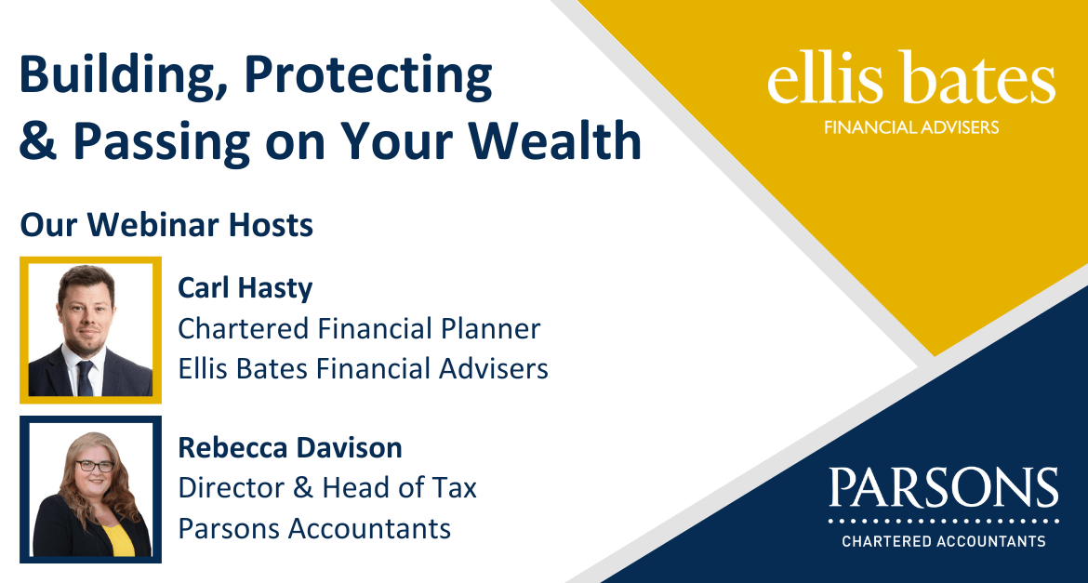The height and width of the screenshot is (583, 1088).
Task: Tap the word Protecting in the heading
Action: coord(368,75)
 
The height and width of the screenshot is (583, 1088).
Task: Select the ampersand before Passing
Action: coord(38,140)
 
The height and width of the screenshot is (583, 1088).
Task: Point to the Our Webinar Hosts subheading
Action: coord(166,225)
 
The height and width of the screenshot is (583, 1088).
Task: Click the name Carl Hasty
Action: coord(245,288)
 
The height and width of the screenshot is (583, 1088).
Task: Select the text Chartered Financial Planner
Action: coord(359,328)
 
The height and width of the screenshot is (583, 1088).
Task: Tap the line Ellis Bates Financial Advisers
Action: coord(363,368)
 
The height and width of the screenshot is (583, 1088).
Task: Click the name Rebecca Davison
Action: coord(290,447)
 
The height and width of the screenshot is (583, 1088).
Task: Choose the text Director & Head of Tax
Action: coord(327,488)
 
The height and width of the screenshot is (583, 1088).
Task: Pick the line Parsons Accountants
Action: coord(314,528)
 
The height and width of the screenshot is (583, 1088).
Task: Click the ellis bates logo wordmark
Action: coord(911,78)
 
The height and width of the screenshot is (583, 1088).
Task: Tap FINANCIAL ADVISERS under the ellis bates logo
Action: coord(911,127)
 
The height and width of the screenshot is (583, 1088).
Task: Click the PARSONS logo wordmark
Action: coord(944,487)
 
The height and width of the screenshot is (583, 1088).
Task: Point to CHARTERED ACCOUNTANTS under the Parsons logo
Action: coord(944,540)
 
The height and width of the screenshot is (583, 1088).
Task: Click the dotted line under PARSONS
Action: coord(944,520)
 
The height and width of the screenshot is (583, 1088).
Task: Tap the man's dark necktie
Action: coord(85,378)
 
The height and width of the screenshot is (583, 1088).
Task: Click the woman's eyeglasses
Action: coord(95,467)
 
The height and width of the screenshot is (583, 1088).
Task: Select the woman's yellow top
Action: coord(118,539)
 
